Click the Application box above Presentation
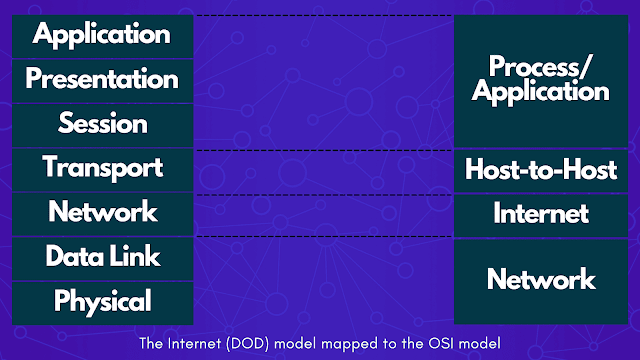click(101, 34)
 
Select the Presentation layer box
click(101, 78)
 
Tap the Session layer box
click(101, 124)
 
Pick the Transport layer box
click(101, 167)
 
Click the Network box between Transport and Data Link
click(101, 212)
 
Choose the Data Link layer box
click(101, 257)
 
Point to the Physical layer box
click(101, 301)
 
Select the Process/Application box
click(540, 80)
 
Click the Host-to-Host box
click(540, 170)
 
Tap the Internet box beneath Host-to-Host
click(540, 214)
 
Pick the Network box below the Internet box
click(540, 279)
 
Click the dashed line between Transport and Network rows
click(323, 194)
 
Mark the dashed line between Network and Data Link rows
click(323, 237)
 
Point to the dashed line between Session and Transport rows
click(323, 150)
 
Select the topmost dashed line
click(323, 15)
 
